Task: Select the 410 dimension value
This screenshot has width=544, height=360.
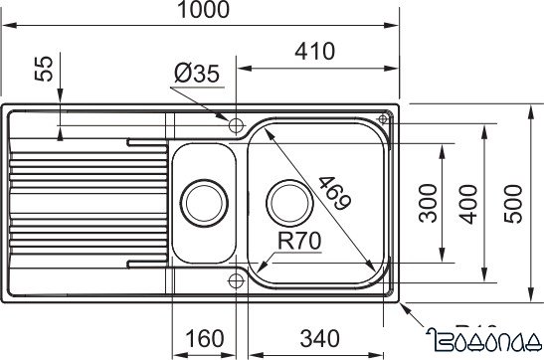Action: click(314, 52)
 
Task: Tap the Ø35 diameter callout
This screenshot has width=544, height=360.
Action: click(198, 74)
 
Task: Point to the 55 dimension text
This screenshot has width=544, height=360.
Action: click(41, 69)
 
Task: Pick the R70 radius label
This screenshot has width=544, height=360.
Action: click(297, 240)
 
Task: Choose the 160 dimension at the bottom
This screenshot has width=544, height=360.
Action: click(204, 338)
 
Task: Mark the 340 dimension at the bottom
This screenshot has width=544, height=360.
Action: click(314, 338)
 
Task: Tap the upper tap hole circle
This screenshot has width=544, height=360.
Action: click(236, 125)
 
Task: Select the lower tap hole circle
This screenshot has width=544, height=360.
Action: click(236, 279)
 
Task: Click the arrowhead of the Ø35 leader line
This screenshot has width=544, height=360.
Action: click(228, 119)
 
